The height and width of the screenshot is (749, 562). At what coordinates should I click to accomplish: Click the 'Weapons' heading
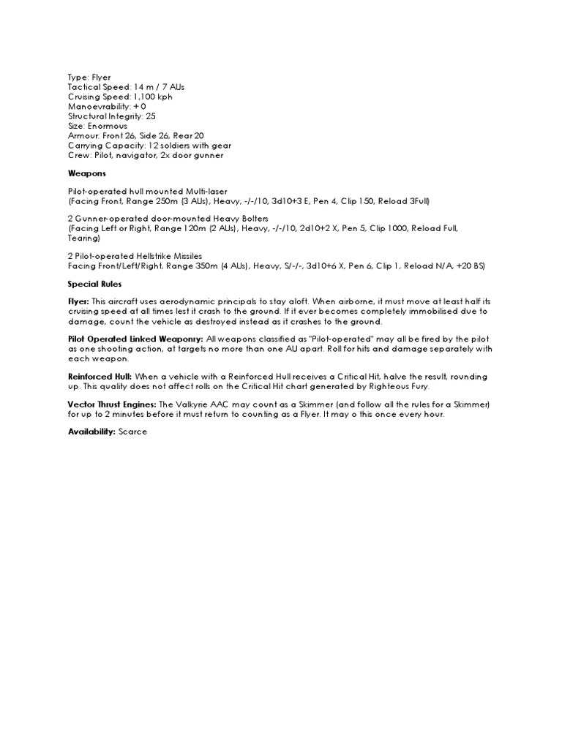[86, 173]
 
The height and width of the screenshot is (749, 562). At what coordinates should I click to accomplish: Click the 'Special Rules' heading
[94, 283]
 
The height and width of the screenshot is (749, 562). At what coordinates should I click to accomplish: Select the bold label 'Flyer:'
[78, 301]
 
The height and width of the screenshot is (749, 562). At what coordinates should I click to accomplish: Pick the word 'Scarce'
[132, 432]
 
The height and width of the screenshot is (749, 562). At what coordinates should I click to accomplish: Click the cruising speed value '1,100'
[146, 97]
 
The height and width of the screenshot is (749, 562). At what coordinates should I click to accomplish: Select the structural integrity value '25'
[151, 116]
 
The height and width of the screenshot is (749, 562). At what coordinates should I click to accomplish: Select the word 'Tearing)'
[83, 238]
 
